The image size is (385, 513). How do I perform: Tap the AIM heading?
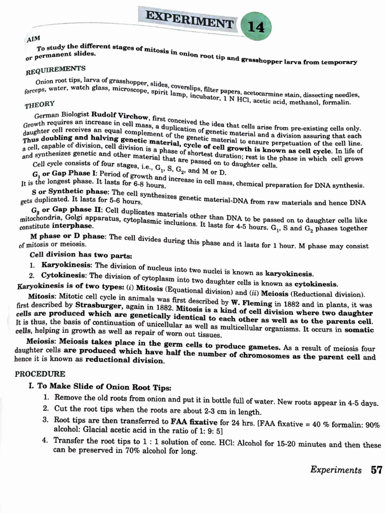34,38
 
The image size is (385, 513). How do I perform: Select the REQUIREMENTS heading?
56,70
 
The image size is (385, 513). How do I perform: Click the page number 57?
376,470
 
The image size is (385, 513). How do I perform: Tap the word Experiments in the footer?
335,470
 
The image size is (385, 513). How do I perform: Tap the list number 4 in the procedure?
45,440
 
